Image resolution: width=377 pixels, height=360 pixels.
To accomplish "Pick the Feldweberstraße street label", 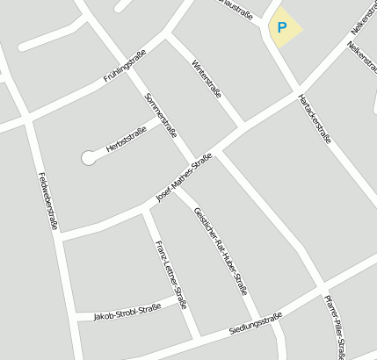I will pyautogui.click(x=48, y=201).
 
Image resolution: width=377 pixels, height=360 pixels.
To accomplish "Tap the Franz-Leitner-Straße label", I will pyautogui.click(x=170, y=275).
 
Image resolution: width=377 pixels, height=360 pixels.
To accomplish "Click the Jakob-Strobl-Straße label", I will pyautogui.click(x=127, y=311).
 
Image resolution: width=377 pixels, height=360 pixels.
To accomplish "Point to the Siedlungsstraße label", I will pyautogui.click(x=255, y=322).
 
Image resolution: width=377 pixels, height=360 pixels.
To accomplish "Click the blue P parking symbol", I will pyautogui.click(x=282, y=27).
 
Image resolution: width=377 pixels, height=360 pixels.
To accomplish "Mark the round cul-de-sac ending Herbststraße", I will pyautogui.click(x=88, y=158).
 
